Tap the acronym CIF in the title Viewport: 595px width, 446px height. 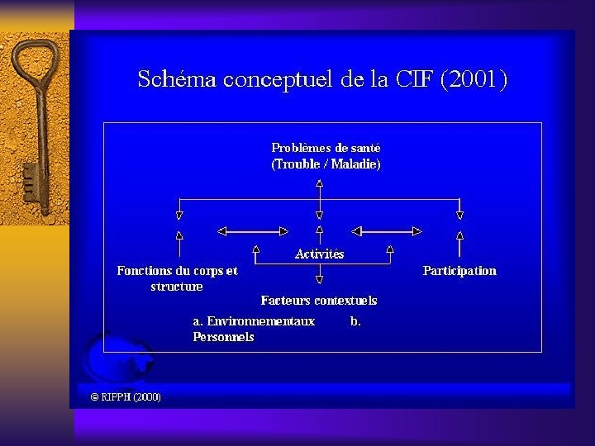coord(413,80)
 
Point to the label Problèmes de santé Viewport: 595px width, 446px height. coord(326,148)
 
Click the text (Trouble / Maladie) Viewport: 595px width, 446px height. coord(326,164)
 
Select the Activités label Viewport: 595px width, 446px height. coord(319,254)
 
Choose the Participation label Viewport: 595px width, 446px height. coord(459,271)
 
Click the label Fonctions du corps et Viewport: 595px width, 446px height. coord(177,271)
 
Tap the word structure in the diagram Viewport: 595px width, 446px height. coord(176,287)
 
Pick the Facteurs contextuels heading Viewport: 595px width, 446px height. coord(318,300)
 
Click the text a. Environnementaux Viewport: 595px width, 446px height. coord(254,321)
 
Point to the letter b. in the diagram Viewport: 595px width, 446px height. coord(355,321)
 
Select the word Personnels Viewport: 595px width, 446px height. coord(223,337)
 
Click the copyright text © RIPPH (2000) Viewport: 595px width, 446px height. coord(126,397)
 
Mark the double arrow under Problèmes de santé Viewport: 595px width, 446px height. coord(320,191)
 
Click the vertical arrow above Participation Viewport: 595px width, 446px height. coord(459,244)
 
